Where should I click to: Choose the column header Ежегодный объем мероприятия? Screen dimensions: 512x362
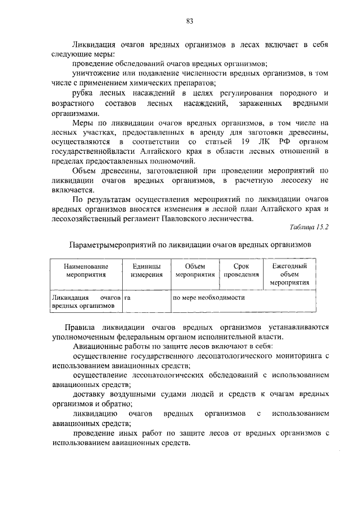point(289,274)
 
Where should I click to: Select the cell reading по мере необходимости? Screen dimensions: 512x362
point(209,296)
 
